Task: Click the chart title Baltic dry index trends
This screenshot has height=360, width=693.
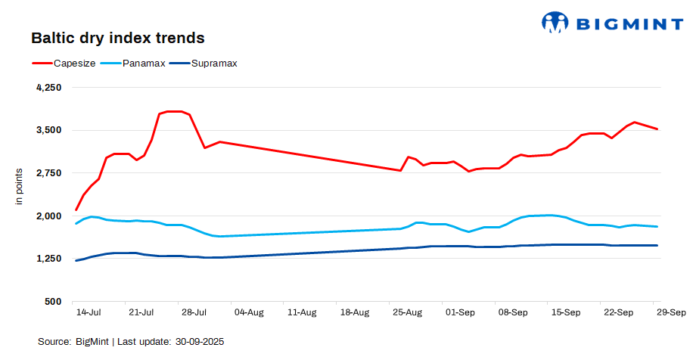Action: click(x=117, y=37)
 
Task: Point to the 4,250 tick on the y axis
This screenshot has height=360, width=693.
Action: click(x=48, y=88)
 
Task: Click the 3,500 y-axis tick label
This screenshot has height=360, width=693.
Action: click(x=48, y=130)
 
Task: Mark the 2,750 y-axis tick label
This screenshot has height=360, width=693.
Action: click(x=48, y=173)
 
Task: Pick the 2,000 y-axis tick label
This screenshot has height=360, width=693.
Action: click(x=48, y=216)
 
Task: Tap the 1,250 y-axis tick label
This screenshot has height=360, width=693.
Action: click(x=48, y=259)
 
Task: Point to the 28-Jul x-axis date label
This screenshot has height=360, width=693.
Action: click(x=194, y=312)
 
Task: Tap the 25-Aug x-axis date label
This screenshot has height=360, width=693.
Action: click(x=408, y=312)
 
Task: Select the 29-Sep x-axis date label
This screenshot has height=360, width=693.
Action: click(x=670, y=312)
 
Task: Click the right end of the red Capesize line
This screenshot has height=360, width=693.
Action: click(x=657, y=129)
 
